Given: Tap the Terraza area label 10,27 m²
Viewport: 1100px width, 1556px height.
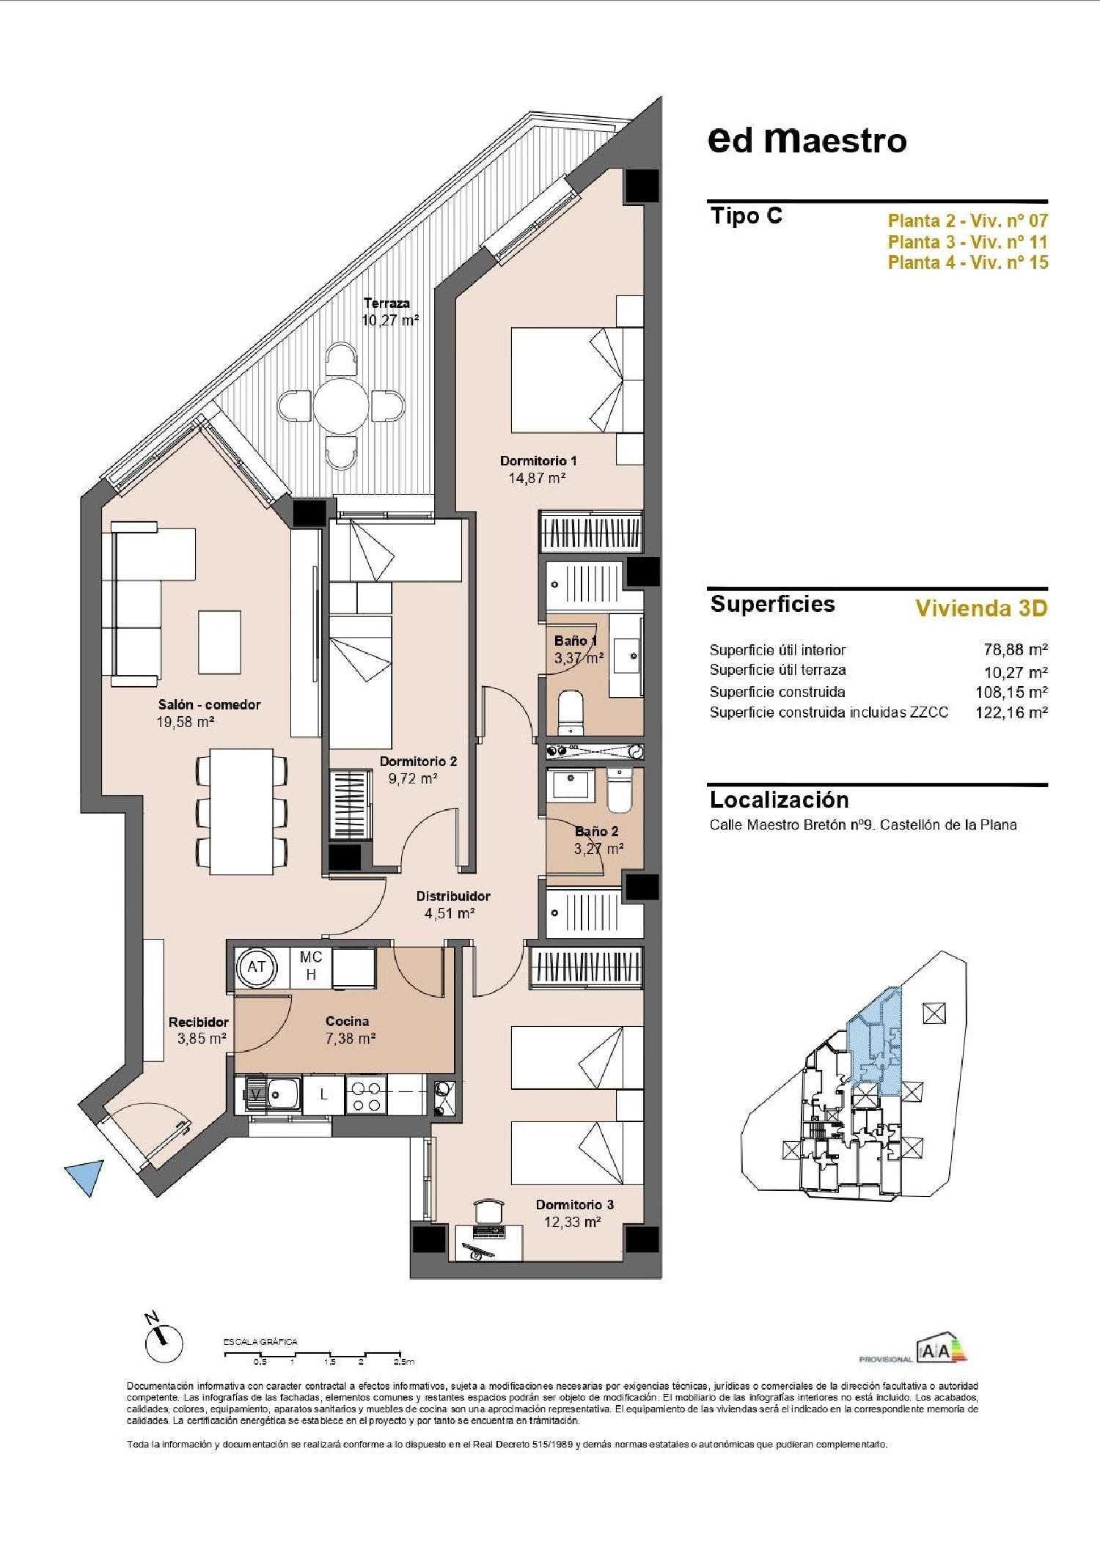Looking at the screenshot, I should [390, 320].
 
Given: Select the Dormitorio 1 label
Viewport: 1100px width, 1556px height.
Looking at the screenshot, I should [538, 461].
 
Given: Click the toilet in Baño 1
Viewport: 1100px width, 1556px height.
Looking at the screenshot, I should [571, 711].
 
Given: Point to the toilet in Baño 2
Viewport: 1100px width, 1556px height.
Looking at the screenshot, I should [620, 790].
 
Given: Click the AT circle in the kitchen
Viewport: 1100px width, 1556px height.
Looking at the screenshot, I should [256, 967].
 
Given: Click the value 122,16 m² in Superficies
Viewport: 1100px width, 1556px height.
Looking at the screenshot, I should [1011, 712].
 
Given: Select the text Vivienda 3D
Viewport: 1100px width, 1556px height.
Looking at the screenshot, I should [981, 608].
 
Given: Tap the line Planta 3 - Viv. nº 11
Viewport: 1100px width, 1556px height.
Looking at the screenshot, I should [967, 242].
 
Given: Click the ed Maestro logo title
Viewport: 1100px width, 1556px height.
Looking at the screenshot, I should [807, 140].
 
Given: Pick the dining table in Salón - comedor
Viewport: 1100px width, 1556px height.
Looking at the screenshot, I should [241, 811].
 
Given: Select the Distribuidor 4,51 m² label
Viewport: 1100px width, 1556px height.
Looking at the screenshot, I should [452, 904].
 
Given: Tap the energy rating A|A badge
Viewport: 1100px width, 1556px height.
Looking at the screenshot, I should [941, 1350].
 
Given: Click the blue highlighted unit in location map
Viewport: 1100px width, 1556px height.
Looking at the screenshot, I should [876, 1041].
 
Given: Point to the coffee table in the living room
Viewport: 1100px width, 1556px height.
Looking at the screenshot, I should [219, 642].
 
